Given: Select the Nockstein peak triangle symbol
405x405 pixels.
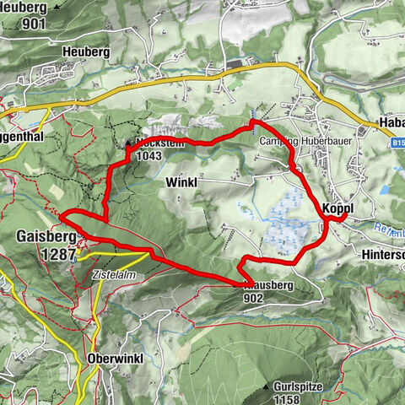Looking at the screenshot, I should point(129,143).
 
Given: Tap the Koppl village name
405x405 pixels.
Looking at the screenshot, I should point(337,208).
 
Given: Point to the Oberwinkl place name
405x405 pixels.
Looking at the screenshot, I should point(116,359).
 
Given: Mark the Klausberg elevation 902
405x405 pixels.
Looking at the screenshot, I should point(252,298).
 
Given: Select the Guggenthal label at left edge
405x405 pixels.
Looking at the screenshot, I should point(20,134).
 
